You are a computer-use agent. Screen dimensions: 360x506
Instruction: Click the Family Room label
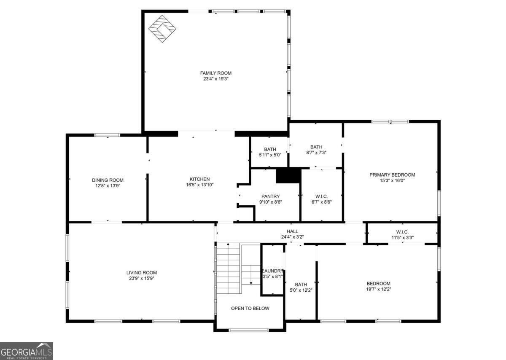(215, 73)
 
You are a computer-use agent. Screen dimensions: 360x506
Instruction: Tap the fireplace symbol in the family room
(162, 29)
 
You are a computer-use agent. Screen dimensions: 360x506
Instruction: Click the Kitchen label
(200, 179)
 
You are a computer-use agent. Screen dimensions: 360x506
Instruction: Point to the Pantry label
(270, 196)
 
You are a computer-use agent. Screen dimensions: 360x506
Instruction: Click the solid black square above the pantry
(288, 176)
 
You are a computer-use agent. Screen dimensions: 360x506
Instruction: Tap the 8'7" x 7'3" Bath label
(316, 147)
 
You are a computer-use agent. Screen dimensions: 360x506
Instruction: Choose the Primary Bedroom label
(392, 175)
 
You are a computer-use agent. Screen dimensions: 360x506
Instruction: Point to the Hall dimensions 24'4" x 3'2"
(292, 237)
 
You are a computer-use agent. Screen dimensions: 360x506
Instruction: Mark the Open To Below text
(250, 308)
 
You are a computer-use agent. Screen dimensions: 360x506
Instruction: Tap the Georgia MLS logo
(27, 351)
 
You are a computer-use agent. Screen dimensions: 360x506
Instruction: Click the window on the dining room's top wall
(107, 135)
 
